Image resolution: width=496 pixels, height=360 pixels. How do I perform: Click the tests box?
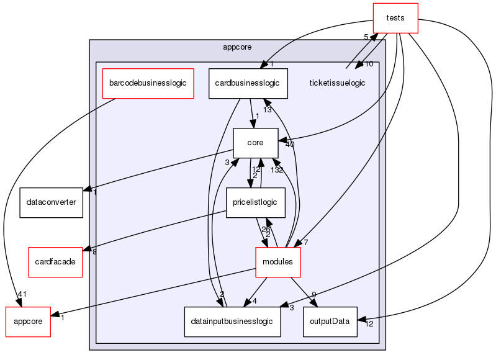(x=395, y=17)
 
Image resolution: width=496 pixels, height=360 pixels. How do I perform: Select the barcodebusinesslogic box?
(x=148, y=83)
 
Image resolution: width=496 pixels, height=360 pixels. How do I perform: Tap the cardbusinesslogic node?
(x=248, y=83)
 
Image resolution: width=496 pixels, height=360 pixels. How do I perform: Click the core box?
(x=255, y=143)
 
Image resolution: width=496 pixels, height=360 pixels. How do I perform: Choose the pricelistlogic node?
(x=255, y=202)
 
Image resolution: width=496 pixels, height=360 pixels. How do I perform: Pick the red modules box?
(x=278, y=262)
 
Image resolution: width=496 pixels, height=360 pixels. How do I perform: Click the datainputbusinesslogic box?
(x=233, y=322)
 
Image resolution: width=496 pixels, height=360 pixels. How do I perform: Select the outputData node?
(x=330, y=322)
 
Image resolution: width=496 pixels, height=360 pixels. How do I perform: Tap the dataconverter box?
(x=51, y=202)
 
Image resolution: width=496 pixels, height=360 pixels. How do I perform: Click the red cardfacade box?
(x=51, y=262)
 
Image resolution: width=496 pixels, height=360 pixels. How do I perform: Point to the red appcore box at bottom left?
(x=27, y=322)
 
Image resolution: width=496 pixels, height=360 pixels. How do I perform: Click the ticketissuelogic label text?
(x=337, y=83)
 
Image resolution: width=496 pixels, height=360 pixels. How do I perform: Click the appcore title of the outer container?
(x=237, y=46)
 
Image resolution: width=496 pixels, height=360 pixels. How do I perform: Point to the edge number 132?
(x=276, y=169)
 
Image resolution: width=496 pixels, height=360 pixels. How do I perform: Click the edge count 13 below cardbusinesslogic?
(x=267, y=110)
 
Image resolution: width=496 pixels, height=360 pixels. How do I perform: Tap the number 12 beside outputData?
(x=369, y=323)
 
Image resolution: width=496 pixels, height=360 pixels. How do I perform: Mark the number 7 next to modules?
(x=306, y=242)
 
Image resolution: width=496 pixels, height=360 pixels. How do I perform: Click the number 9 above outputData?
(x=314, y=294)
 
